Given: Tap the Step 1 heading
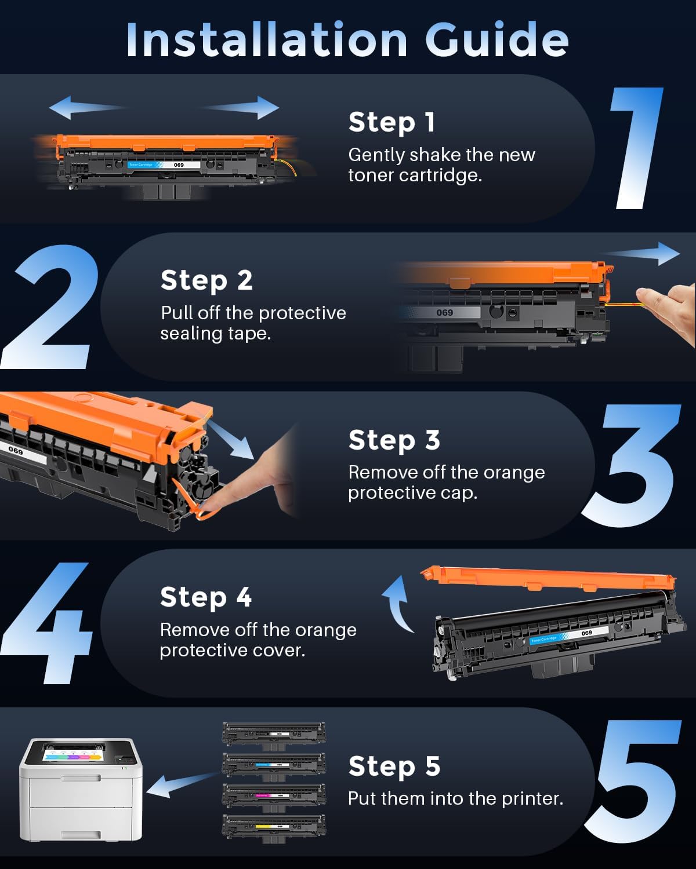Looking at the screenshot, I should coord(391,122).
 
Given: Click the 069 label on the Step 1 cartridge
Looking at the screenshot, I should coord(179,165).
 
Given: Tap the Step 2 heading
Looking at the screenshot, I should coord(206,280).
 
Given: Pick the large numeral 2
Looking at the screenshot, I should coord(49,307).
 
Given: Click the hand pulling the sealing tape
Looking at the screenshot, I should coord(667,307).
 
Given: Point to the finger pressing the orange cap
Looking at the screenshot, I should coord(255,481).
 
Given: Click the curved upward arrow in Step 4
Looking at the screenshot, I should coord(397,605).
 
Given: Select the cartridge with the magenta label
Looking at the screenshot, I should coord(274,795).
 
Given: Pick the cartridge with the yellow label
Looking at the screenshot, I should coord(274,826).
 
